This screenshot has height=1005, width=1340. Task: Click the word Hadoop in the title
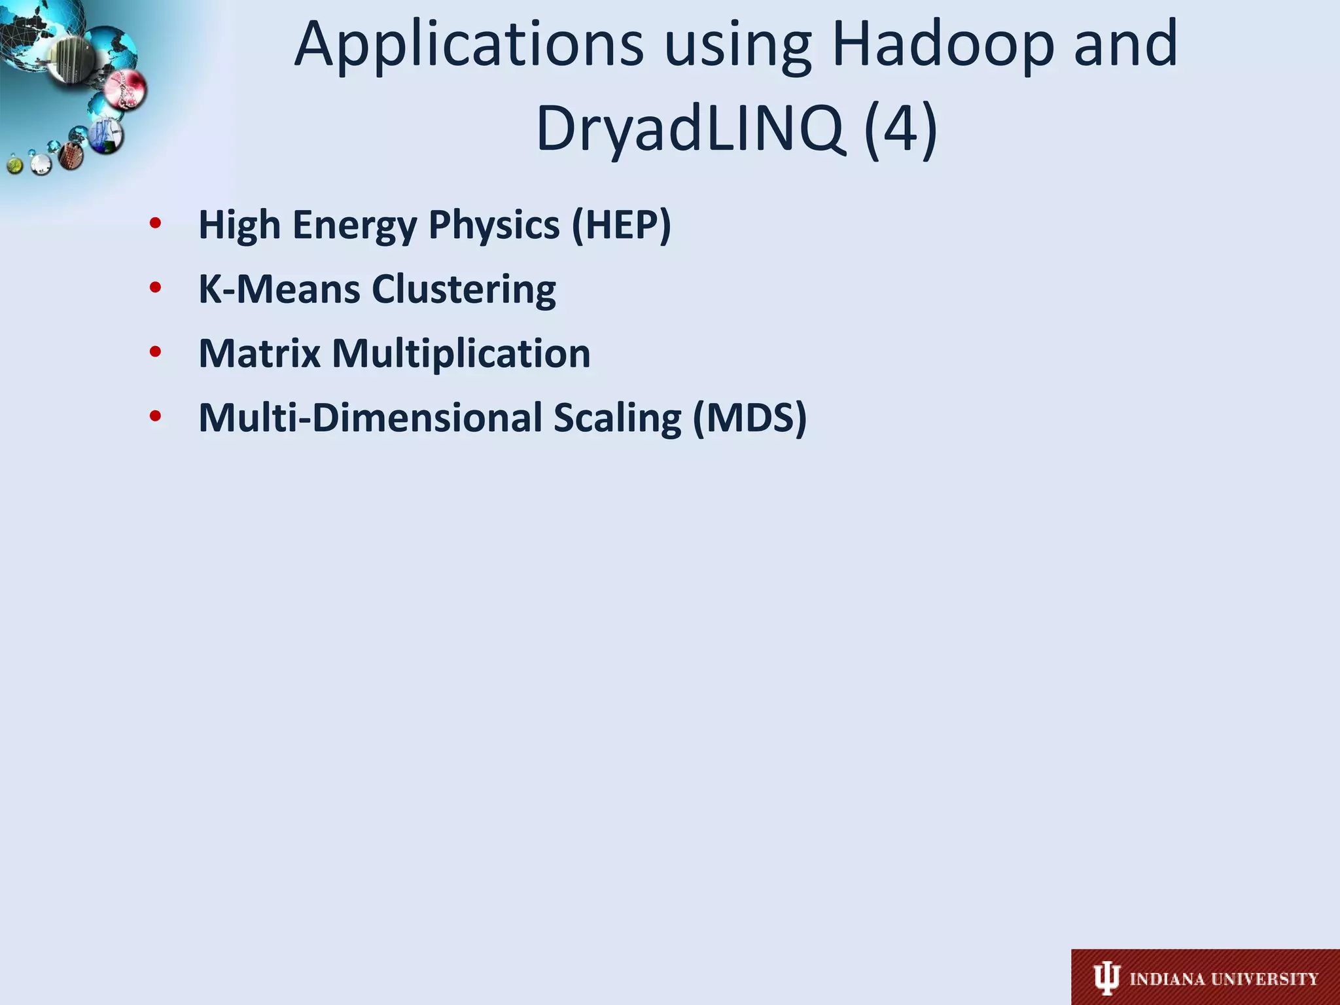942,44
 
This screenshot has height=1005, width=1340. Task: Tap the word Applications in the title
468,44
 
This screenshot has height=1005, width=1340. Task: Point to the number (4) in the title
901,128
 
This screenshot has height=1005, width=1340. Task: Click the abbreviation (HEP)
621,224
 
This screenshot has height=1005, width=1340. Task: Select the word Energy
354,226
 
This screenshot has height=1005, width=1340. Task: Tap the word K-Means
279,289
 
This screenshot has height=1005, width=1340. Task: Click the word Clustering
464,289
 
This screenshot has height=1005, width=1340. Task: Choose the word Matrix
259,353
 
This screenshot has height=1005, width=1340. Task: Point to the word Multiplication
461,353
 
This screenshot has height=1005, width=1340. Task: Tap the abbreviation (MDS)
750,417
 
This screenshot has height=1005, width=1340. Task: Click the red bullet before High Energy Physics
155,224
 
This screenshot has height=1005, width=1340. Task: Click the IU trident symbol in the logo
1106,979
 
